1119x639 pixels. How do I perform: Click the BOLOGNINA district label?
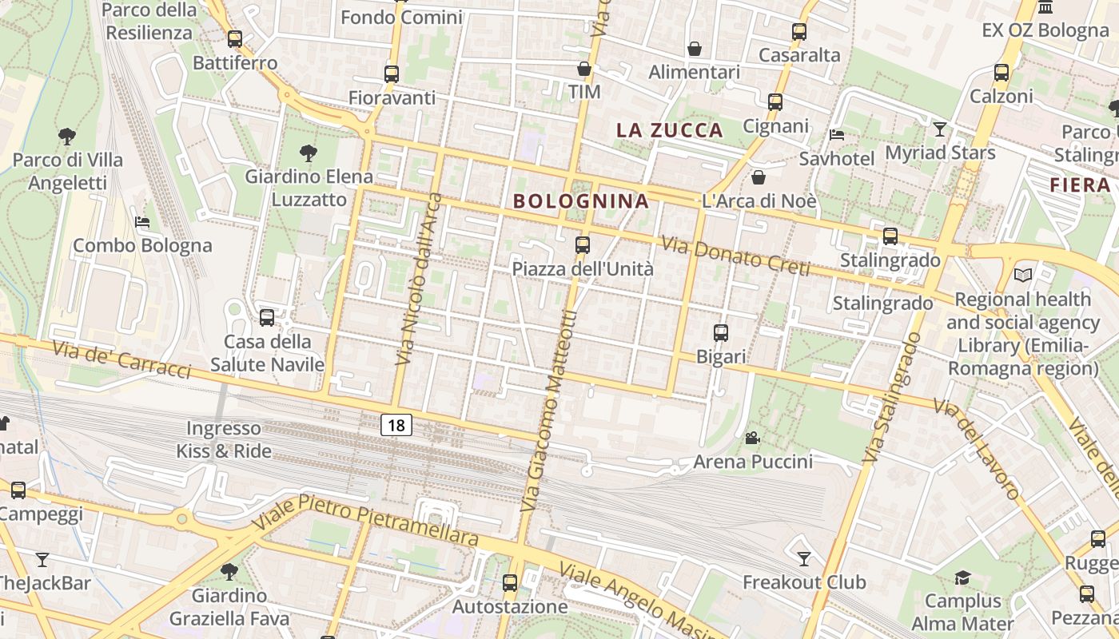point(581,201)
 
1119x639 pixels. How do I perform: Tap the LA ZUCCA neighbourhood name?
point(670,130)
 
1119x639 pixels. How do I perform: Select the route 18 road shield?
point(396,425)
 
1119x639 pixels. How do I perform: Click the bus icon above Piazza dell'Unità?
point(583,245)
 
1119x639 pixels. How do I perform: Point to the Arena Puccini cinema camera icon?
point(752,438)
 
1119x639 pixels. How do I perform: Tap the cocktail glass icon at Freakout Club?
point(804,558)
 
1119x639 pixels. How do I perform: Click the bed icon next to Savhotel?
point(837,134)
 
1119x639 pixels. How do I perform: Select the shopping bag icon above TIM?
point(584,69)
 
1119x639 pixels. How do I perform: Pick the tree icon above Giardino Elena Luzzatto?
point(308,153)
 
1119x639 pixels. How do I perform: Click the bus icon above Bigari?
point(721,333)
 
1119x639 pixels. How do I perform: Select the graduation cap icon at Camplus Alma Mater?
point(962,577)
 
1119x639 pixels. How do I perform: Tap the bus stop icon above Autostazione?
point(510,583)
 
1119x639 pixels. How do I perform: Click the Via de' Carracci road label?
point(121,360)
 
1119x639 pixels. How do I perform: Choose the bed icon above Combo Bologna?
point(142,221)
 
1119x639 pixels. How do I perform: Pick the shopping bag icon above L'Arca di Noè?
point(759,177)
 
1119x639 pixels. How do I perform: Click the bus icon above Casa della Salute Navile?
point(267,318)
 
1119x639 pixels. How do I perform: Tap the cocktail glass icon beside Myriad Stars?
point(940,129)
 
